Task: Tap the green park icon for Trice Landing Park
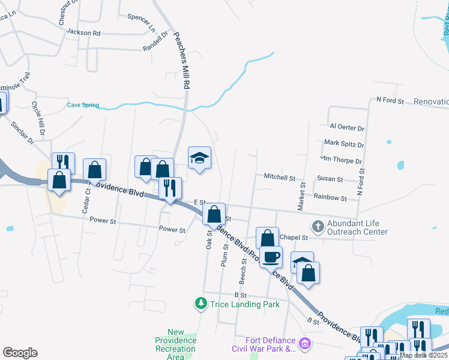pos(202,304)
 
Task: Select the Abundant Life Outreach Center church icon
pos(317,227)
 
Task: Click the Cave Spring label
pos(83,105)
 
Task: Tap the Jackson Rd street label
pos(83,32)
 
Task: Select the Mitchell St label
pos(280,177)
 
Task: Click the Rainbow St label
pos(330,197)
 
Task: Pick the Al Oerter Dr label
pos(347,128)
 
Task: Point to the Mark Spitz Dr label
pos(344,144)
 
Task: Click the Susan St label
pos(330,179)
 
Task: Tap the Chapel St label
pos(294,238)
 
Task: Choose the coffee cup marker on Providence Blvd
pos(271,257)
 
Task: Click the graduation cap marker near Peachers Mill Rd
pos(200,158)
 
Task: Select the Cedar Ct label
pos(88,199)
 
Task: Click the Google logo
pos(20,353)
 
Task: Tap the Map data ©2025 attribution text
pos(423,355)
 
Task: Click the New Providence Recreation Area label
pos(175,344)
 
